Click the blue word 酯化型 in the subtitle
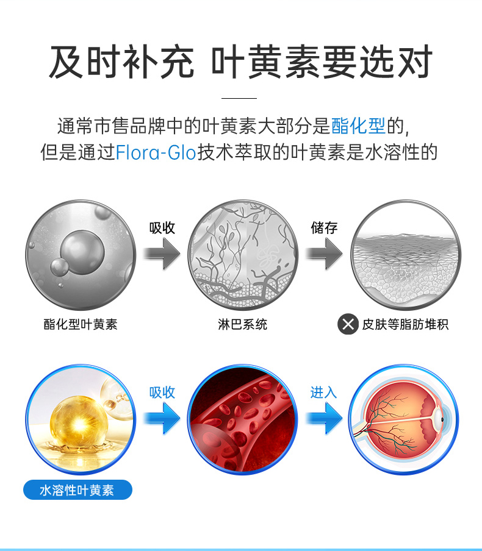tap(358, 126)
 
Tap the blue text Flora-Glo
tap(156, 152)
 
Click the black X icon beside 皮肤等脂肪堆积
tap(348, 324)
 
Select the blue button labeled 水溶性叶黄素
tap(77, 489)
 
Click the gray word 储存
tap(324, 228)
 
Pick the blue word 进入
tap(323, 393)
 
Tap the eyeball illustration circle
tap(404, 419)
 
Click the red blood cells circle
tap(242, 419)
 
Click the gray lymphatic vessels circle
tap(243, 254)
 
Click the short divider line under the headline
tap(239, 98)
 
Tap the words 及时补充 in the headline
tap(121, 63)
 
